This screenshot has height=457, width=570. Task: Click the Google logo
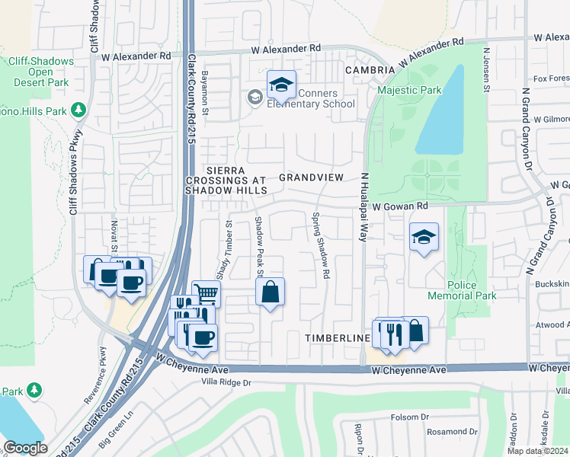coord(25,448)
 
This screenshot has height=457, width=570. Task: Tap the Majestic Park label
coord(409,91)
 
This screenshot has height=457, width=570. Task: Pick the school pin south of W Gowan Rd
coord(424,238)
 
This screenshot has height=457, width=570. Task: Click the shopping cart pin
coord(206,293)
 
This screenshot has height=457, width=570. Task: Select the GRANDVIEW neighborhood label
coord(312,177)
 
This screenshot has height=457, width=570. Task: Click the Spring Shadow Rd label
coord(321,244)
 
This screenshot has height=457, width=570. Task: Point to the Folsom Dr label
coord(410,417)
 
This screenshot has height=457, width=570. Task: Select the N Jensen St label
coord(485,69)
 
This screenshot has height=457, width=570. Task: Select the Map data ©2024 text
coord(538,451)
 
